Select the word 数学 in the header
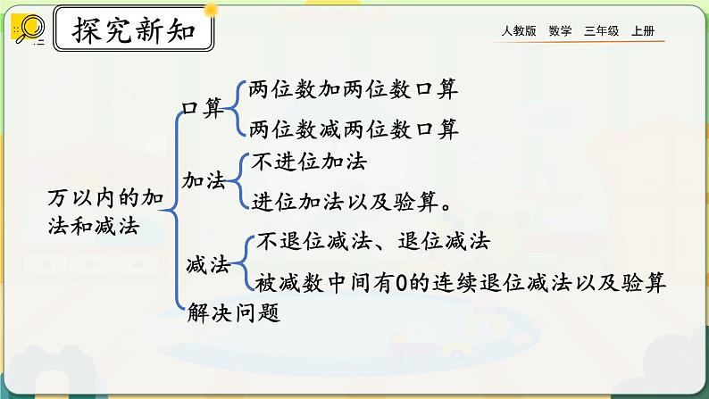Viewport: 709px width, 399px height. click(561, 31)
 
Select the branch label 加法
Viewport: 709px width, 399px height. click(203, 179)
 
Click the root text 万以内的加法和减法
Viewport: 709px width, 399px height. click(104, 211)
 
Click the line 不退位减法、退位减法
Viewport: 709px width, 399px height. click(372, 241)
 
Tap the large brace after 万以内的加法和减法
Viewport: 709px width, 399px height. click(172, 211)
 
